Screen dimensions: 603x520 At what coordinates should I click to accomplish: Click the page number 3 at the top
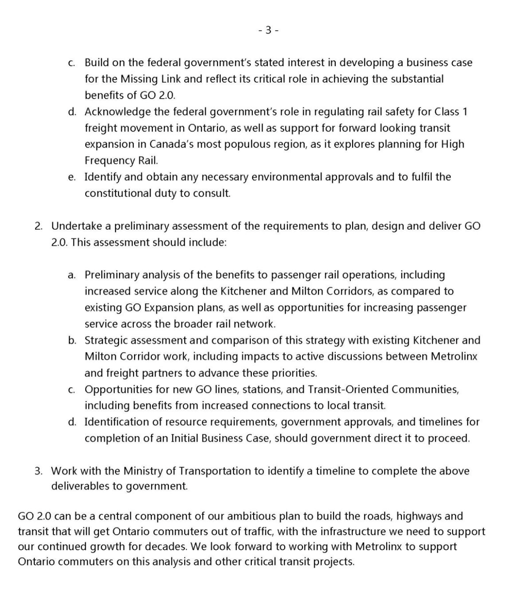coord(268,30)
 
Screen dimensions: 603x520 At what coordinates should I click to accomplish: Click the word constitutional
coord(118,193)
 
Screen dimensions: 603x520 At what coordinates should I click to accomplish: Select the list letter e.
coord(72,177)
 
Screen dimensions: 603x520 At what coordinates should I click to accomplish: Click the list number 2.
coord(39,226)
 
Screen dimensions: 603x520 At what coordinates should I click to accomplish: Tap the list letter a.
coord(72,275)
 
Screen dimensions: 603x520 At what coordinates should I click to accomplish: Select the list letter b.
coord(72,340)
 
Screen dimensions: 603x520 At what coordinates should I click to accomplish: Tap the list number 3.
coord(39,471)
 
